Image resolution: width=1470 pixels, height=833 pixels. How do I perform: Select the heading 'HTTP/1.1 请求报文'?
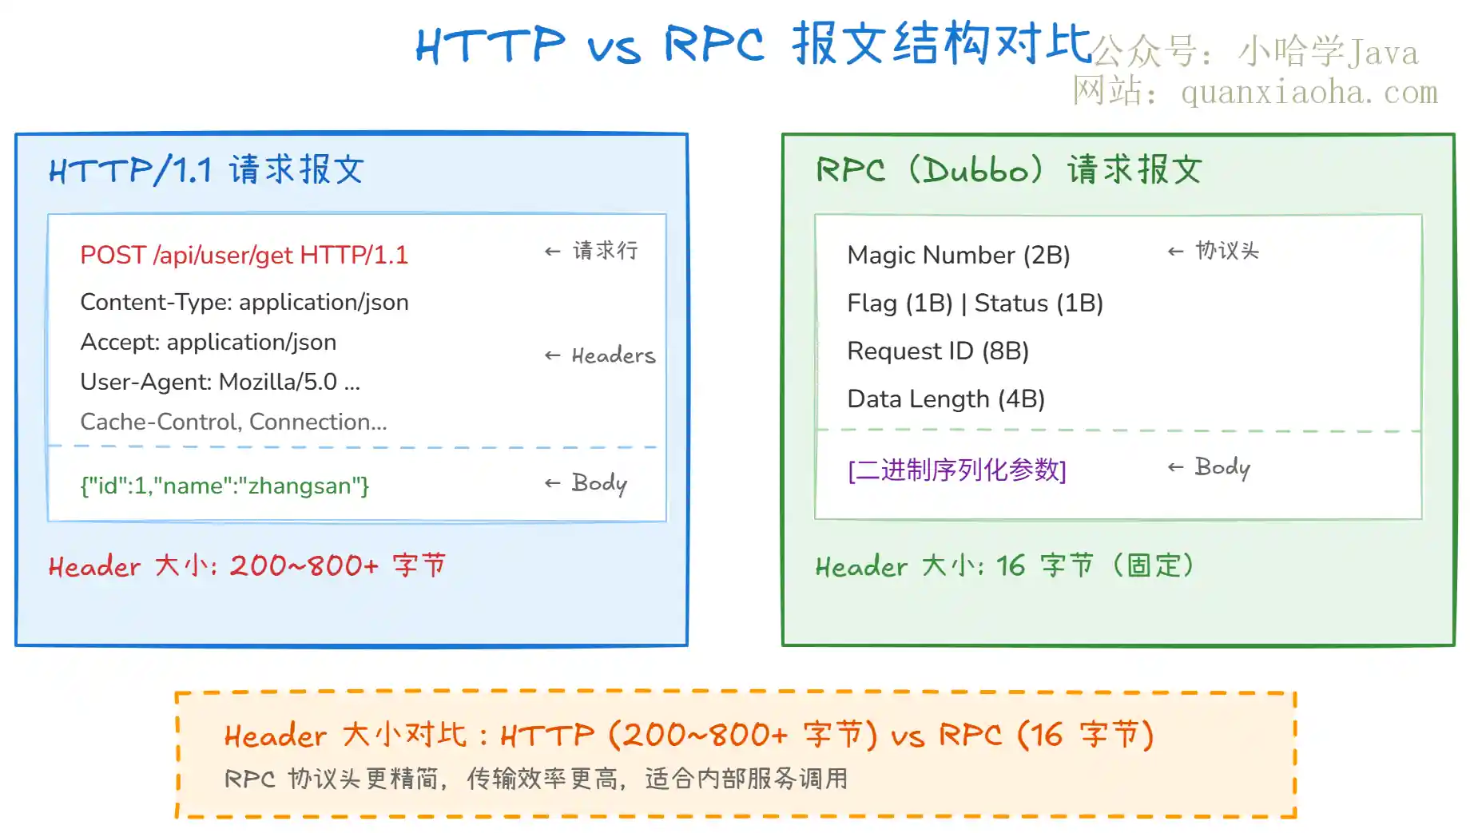point(206,169)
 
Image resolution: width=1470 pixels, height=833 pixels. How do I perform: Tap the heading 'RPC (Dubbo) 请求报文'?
point(1008,169)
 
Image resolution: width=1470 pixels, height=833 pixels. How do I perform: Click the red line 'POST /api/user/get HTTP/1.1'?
point(244,255)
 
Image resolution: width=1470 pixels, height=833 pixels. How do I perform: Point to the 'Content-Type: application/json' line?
point(244,302)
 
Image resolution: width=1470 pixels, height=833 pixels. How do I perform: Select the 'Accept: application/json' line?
point(208,342)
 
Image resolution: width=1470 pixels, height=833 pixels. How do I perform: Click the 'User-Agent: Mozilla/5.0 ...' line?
point(220,382)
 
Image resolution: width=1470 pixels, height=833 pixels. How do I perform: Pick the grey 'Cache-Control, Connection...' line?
point(233,421)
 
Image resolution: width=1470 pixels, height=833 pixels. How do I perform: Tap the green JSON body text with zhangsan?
point(224,486)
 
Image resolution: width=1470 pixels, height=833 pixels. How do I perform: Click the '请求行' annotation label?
point(605,251)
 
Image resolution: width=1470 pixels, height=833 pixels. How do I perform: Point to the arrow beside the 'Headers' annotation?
point(552,355)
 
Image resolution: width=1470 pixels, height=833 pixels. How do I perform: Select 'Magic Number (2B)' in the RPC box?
point(958,255)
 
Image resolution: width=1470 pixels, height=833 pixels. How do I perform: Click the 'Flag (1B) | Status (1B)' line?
point(975,303)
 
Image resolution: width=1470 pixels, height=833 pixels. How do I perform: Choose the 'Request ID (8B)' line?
point(938,351)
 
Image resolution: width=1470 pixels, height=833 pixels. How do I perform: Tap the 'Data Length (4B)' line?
point(946,399)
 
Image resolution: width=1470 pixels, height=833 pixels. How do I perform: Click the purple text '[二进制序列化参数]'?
point(957,470)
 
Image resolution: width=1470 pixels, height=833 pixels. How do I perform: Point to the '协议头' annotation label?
point(1227,251)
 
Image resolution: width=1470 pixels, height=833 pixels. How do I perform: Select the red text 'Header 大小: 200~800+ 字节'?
point(247,565)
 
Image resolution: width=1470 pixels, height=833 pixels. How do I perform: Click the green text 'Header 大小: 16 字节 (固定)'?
point(1005,565)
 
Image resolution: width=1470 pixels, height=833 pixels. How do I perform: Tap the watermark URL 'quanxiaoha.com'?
point(1309,93)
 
